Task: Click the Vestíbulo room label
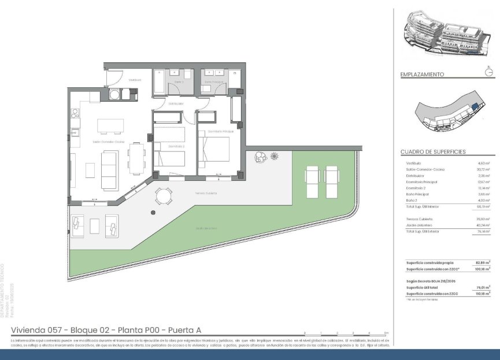[135, 80]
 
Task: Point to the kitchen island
[110, 127]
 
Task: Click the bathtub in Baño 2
[160, 88]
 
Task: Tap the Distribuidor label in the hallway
[176, 104]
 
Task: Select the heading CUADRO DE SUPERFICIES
[433, 152]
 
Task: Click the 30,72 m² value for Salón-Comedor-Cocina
[483, 169]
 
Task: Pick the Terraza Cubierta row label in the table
[420, 219]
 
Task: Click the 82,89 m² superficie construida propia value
[483, 262]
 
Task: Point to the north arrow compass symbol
[490, 72]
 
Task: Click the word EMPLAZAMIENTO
[422, 75]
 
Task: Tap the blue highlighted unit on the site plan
[474, 107]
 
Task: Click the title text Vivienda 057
[37, 330]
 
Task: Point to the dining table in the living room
[137, 158]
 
